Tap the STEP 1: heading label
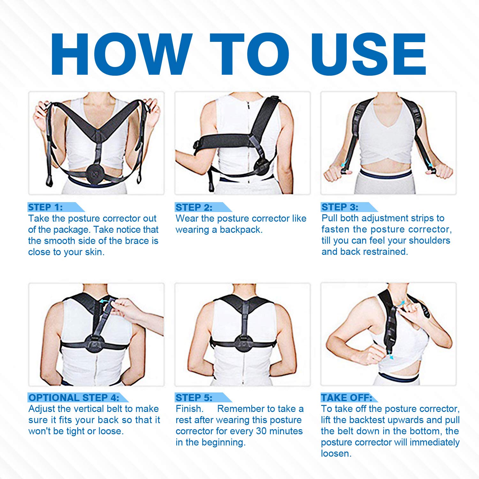tap(45, 207)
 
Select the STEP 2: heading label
tap(194, 207)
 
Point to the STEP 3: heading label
tap(340, 207)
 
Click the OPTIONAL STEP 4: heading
tap(74, 398)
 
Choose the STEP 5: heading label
tap(194, 398)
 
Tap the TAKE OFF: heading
tap(346, 398)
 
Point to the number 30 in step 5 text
tap(261, 431)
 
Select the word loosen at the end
tap(336, 453)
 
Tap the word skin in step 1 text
tap(95, 252)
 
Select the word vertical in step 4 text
tap(90, 409)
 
